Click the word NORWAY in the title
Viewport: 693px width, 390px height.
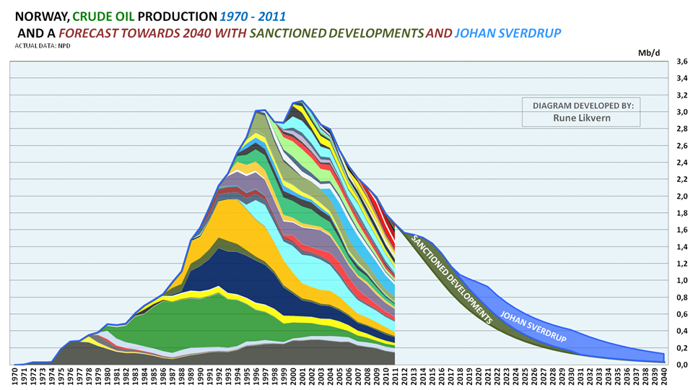tap(40, 15)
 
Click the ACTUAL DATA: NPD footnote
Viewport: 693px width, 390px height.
tap(42, 45)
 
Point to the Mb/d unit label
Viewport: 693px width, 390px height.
tap(649, 53)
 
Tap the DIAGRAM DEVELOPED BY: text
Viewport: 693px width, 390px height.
tap(583, 105)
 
